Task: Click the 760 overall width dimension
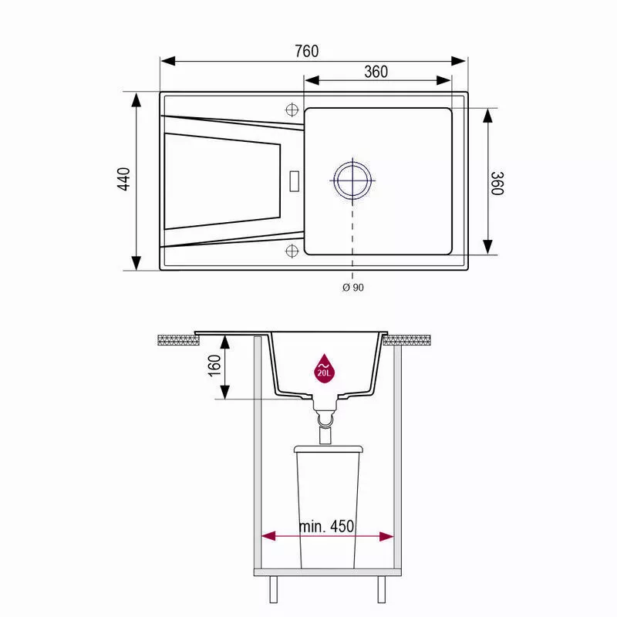click(x=306, y=51)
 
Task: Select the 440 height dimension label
click(x=124, y=179)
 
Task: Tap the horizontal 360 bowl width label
click(x=376, y=72)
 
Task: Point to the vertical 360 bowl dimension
click(x=497, y=183)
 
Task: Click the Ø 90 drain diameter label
click(x=353, y=288)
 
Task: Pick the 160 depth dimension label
click(x=214, y=366)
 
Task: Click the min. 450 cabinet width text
click(x=326, y=526)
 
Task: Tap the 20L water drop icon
click(x=324, y=369)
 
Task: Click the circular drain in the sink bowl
click(x=352, y=180)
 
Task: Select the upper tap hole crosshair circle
click(x=292, y=110)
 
